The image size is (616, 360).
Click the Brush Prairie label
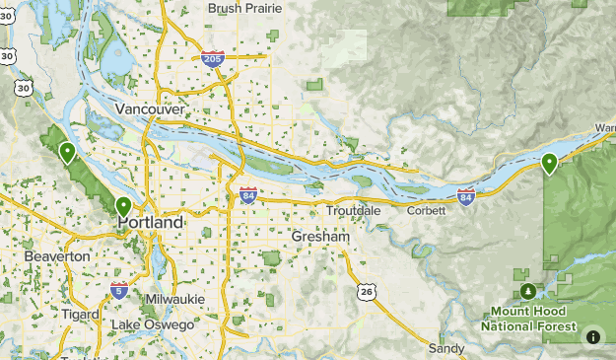tap(245, 8)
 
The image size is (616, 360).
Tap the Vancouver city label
tap(150, 108)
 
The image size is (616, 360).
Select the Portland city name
tap(150, 223)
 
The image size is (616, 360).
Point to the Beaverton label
tap(58, 255)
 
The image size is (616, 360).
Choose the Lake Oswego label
tap(152, 324)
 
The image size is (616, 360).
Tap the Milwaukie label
tap(173, 299)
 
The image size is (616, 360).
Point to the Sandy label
tap(445, 348)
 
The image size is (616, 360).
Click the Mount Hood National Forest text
tap(528, 318)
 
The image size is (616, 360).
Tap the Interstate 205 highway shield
tap(212, 60)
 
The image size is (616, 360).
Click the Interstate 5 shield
tap(119, 290)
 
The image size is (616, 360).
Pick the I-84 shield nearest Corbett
tap(466, 196)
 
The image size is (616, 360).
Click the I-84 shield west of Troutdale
tap(247, 194)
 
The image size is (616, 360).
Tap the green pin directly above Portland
tap(123, 206)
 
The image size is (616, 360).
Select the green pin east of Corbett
tap(550, 163)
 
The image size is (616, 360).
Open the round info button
tap(593, 336)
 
